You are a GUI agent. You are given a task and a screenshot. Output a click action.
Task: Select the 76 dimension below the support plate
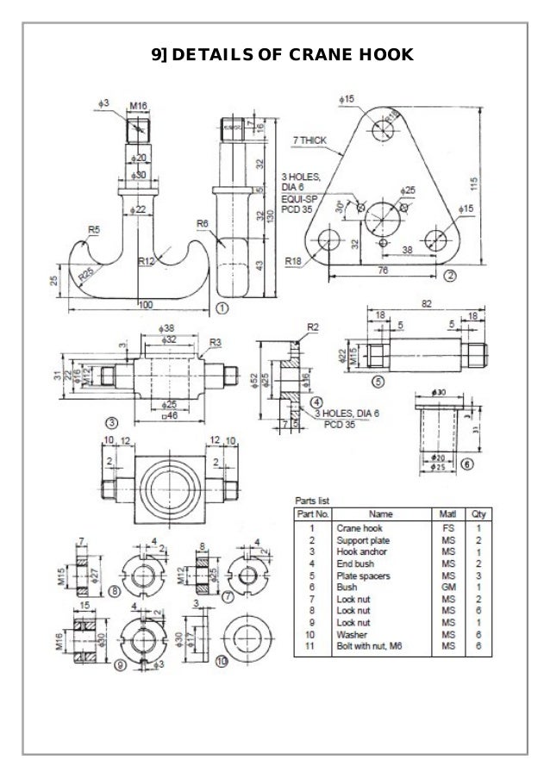(384, 271)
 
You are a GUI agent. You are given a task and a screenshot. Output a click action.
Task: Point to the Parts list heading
(308, 501)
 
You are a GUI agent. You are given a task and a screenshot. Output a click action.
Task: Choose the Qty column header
(477, 513)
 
